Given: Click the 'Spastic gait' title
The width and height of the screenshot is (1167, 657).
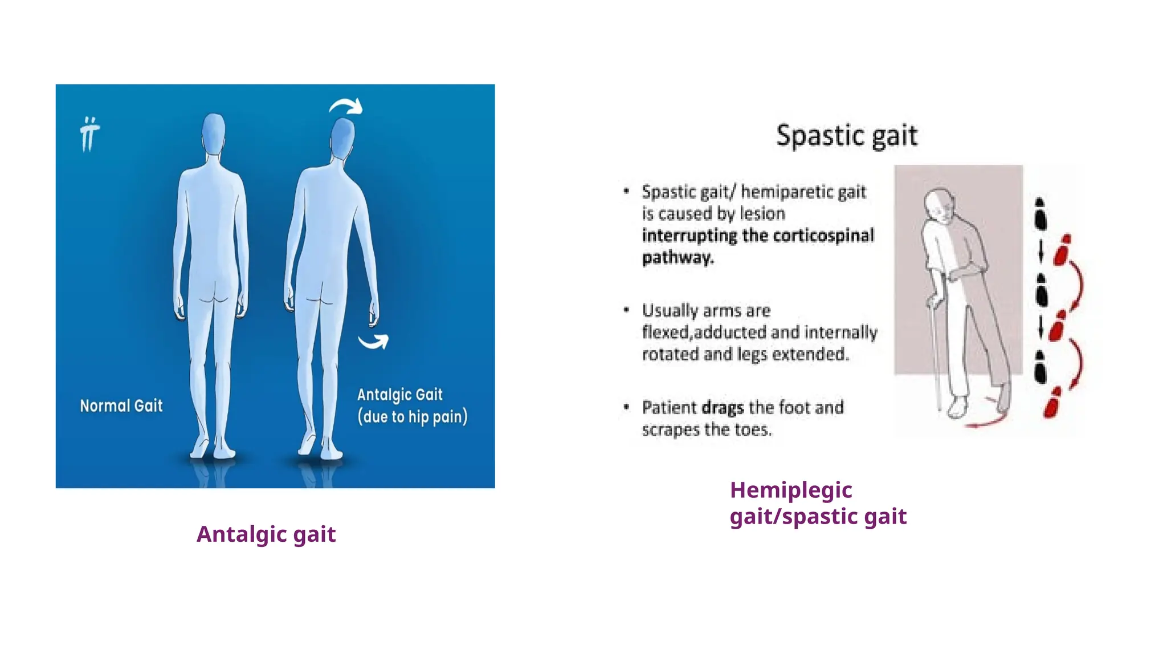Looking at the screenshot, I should click(x=847, y=136).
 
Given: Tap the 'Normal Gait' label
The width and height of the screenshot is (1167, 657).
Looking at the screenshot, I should click(x=121, y=406).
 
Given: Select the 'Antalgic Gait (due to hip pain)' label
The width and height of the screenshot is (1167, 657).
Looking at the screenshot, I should click(x=412, y=405).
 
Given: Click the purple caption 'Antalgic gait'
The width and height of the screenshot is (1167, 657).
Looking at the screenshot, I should click(x=266, y=534).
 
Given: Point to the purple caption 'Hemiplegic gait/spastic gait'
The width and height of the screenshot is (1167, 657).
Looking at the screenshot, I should click(x=818, y=503).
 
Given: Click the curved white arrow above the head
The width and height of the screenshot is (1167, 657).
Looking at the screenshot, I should click(x=346, y=106).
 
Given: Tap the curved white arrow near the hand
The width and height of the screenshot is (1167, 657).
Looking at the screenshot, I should click(x=374, y=341).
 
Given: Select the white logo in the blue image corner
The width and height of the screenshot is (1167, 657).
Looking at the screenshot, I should click(x=89, y=135).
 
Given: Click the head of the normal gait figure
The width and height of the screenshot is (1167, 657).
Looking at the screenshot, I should click(x=214, y=133).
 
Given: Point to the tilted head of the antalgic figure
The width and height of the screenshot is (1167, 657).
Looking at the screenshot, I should click(x=343, y=137).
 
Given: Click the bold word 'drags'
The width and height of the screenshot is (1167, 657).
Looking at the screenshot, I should click(x=723, y=408).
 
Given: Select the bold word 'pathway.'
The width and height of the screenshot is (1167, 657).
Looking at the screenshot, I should click(x=678, y=258).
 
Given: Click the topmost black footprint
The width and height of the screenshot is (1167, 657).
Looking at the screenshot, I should click(x=1040, y=214).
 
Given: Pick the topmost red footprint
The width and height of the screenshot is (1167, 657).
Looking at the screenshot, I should click(x=1062, y=250).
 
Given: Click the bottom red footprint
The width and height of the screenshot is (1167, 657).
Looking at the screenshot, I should click(x=1052, y=403).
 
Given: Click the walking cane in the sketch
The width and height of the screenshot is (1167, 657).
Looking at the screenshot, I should click(x=935, y=354).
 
